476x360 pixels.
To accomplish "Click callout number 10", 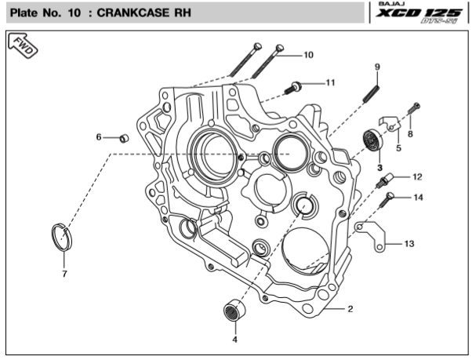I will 308,55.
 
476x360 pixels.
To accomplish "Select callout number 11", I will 330,82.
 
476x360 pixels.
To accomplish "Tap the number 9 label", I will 377,67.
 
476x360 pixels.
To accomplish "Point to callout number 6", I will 100,136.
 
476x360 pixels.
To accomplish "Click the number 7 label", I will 65,274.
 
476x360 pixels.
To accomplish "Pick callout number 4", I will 234,340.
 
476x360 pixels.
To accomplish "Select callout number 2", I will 351,309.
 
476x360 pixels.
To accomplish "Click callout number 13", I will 409,244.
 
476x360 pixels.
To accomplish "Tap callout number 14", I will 418,198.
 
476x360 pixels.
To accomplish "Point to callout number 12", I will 417,176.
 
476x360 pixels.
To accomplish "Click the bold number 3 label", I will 379,167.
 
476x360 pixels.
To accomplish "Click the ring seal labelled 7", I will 61,236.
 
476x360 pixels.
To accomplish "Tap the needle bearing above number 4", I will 231,309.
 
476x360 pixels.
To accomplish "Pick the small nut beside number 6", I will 123,138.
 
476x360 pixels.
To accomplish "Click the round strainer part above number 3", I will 371,142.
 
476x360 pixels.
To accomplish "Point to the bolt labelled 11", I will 296,85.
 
